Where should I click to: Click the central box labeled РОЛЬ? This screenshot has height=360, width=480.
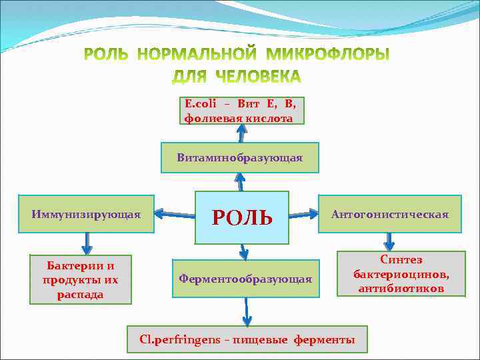tap(241, 217)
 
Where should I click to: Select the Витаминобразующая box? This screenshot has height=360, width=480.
tap(239, 158)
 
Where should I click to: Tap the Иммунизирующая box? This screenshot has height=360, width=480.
tap(86, 214)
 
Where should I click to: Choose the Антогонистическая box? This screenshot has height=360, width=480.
tap(390, 214)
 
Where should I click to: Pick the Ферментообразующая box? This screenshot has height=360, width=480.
tap(245, 279)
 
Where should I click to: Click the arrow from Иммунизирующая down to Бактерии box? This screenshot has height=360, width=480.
tap(86, 241)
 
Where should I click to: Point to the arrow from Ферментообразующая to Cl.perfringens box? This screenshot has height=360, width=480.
tap(247, 312)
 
